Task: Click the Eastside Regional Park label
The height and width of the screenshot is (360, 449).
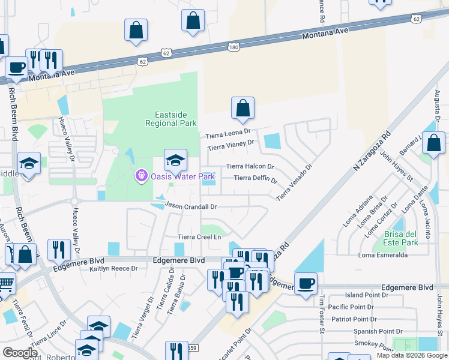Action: point(171,119)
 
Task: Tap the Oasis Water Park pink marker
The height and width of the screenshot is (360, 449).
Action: point(141,176)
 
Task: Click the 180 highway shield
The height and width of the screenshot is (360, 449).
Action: point(235,47)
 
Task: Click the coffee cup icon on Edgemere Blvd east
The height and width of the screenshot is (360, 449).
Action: point(306,283)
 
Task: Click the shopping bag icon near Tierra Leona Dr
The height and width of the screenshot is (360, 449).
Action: point(243,109)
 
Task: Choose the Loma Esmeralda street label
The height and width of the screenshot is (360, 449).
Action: point(382,255)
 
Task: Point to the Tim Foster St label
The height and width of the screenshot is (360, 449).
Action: point(321,314)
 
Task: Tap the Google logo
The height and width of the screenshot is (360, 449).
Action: point(20,353)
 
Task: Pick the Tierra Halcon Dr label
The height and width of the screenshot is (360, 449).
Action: point(250,166)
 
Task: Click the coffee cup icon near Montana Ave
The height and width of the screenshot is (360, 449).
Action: point(16,67)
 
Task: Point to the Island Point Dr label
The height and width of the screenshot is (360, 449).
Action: point(370,295)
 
